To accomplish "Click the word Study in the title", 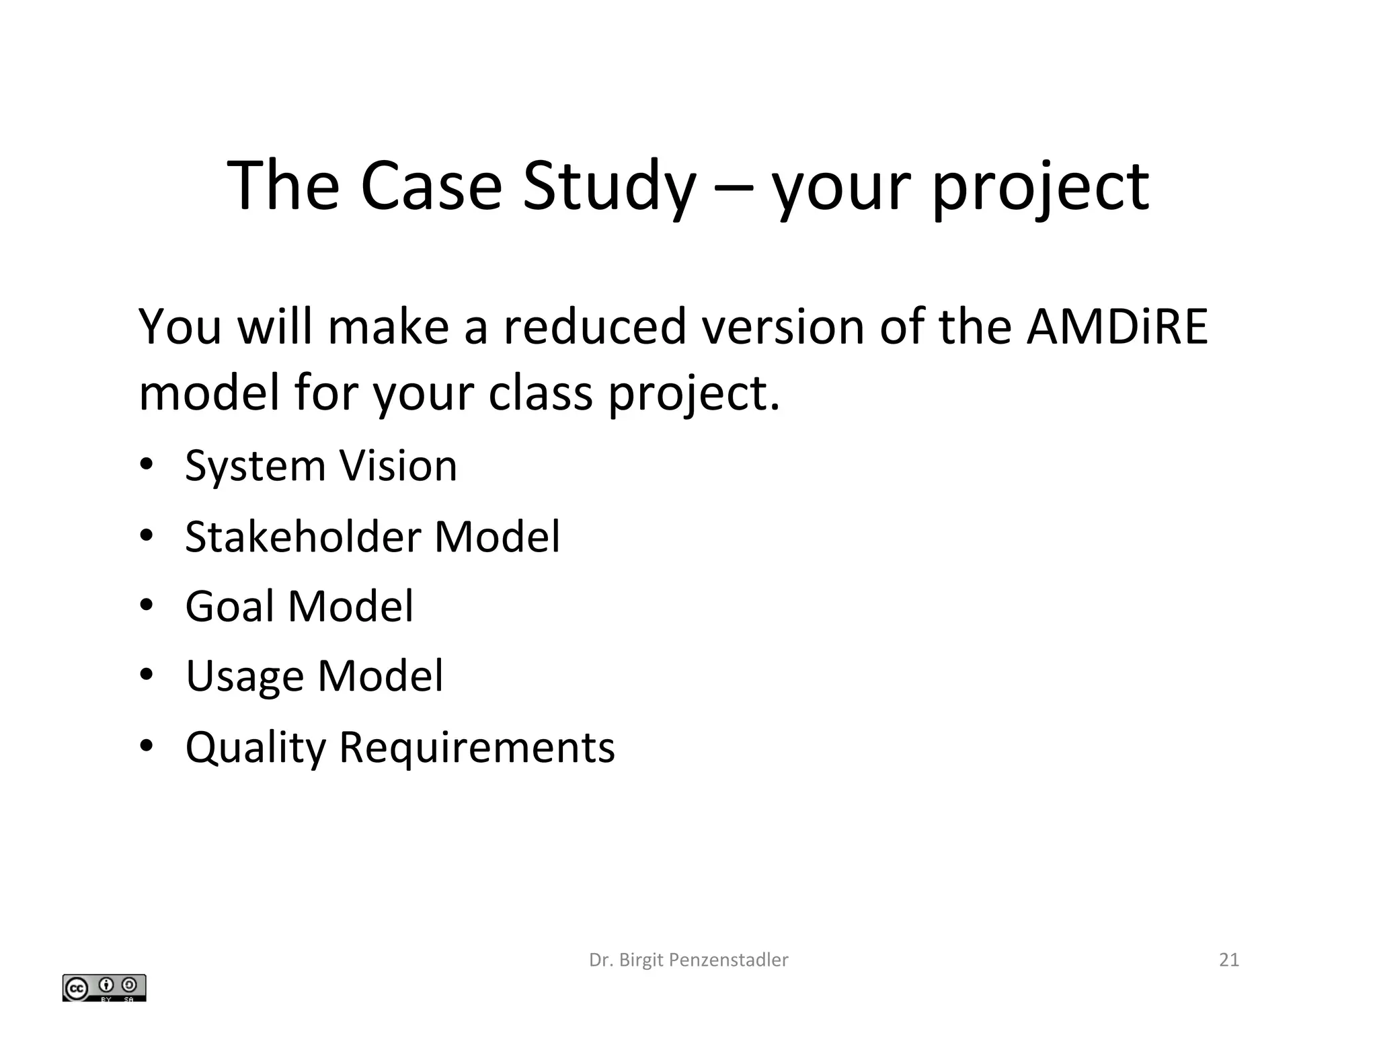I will (x=609, y=186).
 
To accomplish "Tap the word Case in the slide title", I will (x=430, y=186).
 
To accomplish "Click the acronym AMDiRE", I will (x=1117, y=327).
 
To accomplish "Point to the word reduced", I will (x=594, y=327).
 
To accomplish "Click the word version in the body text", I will (x=783, y=327).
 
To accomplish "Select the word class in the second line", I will (x=540, y=393).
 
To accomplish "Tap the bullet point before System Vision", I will (x=147, y=465).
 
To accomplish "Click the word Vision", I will (x=397, y=465).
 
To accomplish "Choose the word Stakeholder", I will (x=303, y=537).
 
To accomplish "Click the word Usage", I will (x=245, y=677).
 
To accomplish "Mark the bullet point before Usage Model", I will (x=147, y=675).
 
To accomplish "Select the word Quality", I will (x=255, y=748).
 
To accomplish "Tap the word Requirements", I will (x=477, y=748).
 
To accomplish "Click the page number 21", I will (x=1228, y=960).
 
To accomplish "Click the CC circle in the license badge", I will (x=76, y=989).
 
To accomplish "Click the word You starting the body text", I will (x=180, y=327).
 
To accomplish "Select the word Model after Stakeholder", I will (x=497, y=537).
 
